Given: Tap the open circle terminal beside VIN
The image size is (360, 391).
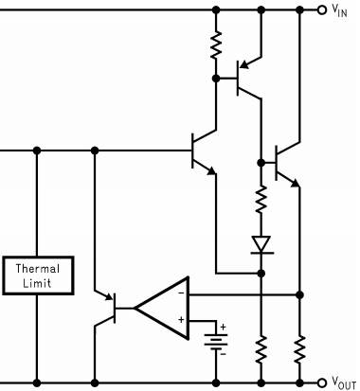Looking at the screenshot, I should pyautogui.click(x=322, y=10).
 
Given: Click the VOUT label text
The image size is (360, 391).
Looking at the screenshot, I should pyautogui.click(x=344, y=382).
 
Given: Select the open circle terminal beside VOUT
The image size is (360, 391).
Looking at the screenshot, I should pyautogui.click(x=322, y=382).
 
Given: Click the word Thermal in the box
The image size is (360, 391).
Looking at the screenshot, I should pyautogui.click(x=37, y=268).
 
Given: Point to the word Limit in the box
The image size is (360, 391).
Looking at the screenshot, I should pyautogui.click(x=37, y=282).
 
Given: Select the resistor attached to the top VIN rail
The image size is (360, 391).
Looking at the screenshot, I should pyautogui.click(x=216, y=44).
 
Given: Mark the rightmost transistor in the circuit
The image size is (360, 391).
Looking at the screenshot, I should pyautogui.click(x=282, y=163).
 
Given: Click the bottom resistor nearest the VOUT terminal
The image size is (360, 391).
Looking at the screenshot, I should pyautogui.click(x=299, y=349).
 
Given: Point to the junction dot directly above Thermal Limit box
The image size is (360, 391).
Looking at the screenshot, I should pyautogui.click(x=37, y=150).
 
